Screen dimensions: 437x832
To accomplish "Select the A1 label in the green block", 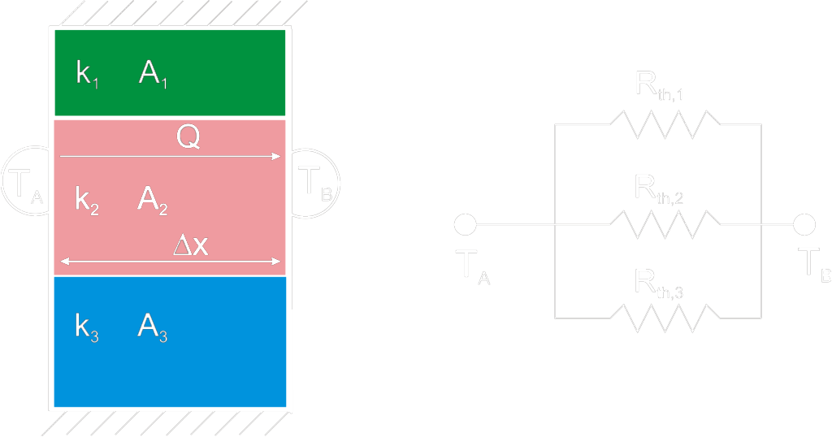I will click(x=153, y=74).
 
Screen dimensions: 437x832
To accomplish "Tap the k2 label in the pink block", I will click(x=87, y=199).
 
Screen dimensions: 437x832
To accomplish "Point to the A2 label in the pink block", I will click(x=153, y=199).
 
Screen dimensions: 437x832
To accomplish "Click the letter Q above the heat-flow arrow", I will click(x=188, y=138).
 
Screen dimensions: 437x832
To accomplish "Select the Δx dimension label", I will click(x=191, y=246).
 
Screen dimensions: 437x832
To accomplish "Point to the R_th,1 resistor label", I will click(x=659, y=84).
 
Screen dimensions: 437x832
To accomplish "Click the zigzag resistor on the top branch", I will click(x=665, y=125).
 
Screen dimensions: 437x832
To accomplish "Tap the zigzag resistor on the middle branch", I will click(x=665, y=223).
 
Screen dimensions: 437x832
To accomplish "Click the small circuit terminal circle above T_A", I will click(x=465, y=223).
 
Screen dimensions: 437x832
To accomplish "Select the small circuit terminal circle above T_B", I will click(x=804, y=223).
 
